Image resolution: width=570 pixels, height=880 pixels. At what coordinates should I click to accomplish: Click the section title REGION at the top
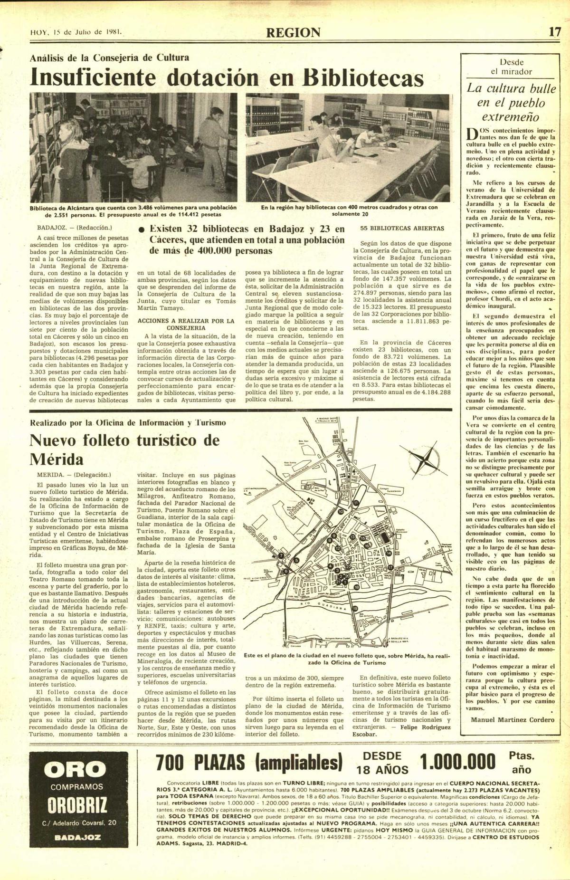point(293,33)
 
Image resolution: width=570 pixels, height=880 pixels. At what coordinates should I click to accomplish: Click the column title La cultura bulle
point(511,88)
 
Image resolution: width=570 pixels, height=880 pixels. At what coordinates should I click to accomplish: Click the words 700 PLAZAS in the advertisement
point(200,763)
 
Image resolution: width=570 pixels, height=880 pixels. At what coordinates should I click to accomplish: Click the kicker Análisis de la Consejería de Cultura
point(109,58)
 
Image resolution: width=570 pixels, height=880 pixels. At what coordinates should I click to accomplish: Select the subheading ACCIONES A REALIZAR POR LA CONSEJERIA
point(186,324)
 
